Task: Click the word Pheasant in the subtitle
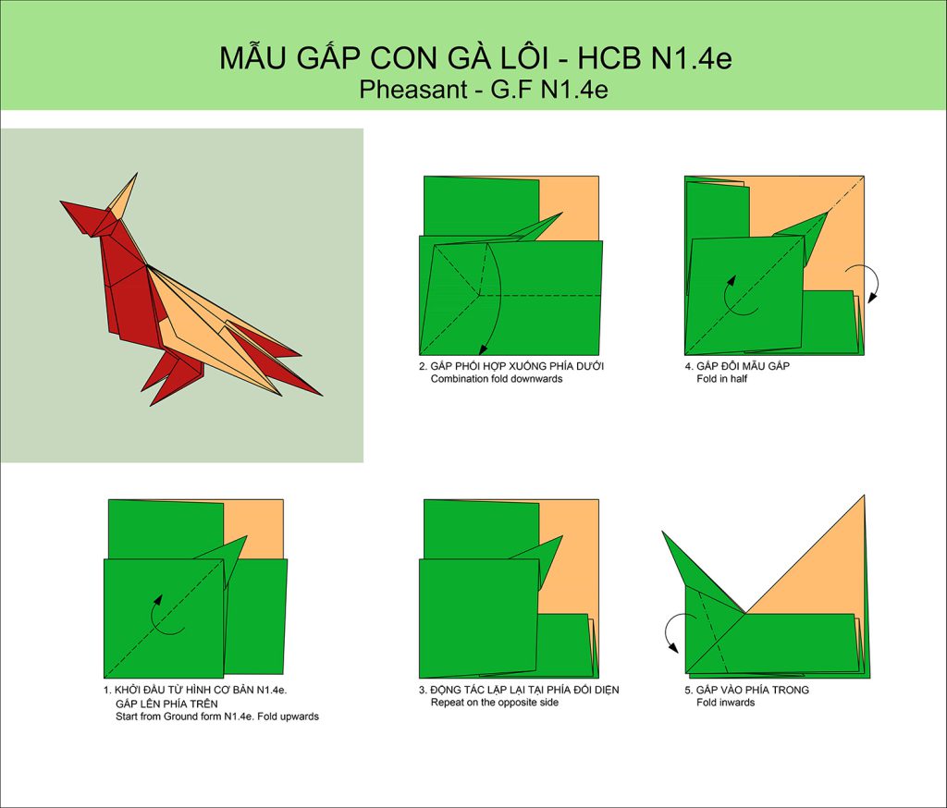(x=413, y=90)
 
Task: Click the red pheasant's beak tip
(x=60, y=202)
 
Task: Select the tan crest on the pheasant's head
(x=124, y=196)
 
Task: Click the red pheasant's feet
(x=170, y=377)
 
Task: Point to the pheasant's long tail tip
(x=321, y=396)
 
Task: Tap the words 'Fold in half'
(x=721, y=379)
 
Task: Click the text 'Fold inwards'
(x=725, y=703)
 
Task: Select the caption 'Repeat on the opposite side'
(x=495, y=703)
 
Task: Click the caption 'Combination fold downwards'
(x=497, y=379)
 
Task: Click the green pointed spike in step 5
(x=695, y=568)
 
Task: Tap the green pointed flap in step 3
(x=540, y=558)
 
